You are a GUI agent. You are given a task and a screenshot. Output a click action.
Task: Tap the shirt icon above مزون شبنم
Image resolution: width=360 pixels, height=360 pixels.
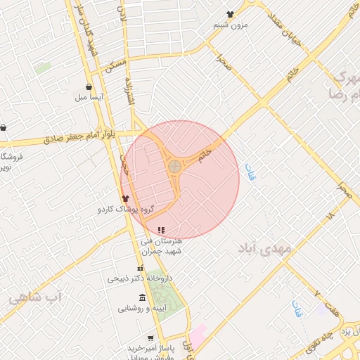pyautogui.click(x=231, y=14)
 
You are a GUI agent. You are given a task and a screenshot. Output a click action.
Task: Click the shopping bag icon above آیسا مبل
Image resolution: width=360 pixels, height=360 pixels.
pyautogui.click(x=89, y=86)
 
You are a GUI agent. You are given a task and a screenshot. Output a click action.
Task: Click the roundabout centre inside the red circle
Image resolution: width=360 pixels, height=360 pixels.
pyautogui.click(x=174, y=167)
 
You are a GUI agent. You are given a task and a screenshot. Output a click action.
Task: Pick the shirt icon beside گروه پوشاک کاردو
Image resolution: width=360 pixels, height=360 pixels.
pyautogui.click(x=126, y=199)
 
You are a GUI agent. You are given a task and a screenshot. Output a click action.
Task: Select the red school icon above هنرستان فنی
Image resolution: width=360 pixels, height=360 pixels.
pyautogui.click(x=161, y=230)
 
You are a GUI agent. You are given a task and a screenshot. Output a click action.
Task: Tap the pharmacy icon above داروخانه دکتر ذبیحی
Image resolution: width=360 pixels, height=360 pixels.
pyautogui.click(x=140, y=269)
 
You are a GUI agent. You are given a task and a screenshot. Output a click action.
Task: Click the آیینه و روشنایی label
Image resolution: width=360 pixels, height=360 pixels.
pyautogui.click(x=139, y=307)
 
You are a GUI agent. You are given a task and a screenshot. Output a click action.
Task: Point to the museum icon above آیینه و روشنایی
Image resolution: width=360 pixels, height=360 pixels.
pyautogui.click(x=143, y=297)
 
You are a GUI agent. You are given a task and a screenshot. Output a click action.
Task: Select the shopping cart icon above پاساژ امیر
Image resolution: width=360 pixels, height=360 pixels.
pyautogui.click(x=150, y=338)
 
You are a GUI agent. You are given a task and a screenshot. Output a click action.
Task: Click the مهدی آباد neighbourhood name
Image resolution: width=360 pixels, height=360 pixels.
pyautogui.click(x=264, y=250)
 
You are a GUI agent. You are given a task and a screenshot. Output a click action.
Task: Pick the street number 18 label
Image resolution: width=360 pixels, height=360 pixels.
pyautogui.click(x=330, y=218)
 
